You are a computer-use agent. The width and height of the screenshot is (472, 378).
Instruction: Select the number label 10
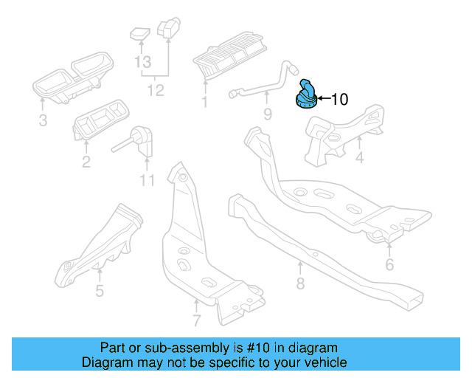pyautogui.click(x=339, y=99)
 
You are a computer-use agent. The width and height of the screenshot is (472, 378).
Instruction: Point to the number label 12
pyautogui.click(x=155, y=91)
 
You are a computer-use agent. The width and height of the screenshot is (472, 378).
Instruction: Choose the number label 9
pyautogui.click(x=267, y=114)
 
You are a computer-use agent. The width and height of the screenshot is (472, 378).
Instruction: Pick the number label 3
pyautogui.click(x=43, y=120)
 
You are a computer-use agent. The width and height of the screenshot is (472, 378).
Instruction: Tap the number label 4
pyautogui.click(x=359, y=159)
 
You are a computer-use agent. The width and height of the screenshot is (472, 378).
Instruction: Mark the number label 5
pyautogui.click(x=100, y=290)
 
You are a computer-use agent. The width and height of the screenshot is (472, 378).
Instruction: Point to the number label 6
pyautogui.click(x=389, y=264)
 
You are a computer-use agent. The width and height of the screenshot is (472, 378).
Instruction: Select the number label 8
pyautogui.click(x=300, y=283)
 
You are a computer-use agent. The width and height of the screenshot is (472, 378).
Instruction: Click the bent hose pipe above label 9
pyautogui.click(x=265, y=83)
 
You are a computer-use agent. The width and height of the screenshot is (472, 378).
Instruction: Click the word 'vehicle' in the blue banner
pyautogui.click(x=321, y=362)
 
